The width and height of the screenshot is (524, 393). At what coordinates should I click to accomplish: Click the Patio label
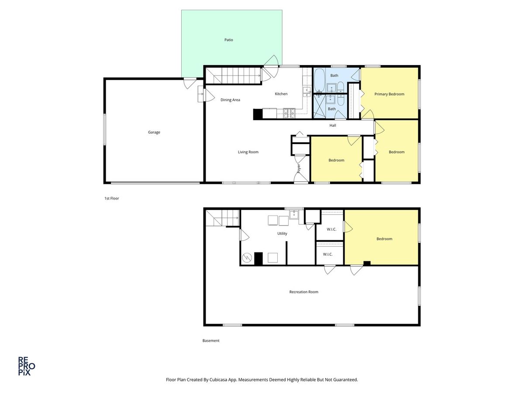pyautogui.click(x=228, y=40)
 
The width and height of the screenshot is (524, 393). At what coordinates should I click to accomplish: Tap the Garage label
pyautogui.click(x=154, y=132)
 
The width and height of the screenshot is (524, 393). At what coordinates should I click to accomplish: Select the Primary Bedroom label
pyautogui.click(x=389, y=94)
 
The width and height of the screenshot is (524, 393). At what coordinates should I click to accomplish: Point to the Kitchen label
pyautogui.click(x=281, y=94)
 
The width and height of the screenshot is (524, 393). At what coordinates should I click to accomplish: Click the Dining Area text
pyautogui.click(x=230, y=100)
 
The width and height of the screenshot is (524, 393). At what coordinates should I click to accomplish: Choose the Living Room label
pyautogui.click(x=248, y=152)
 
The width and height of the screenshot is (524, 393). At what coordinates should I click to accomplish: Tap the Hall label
pyautogui.click(x=333, y=125)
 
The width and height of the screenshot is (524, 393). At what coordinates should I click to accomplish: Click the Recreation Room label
pyautogui.click(x=303, y=292)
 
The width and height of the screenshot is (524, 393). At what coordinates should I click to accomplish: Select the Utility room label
pyautogui.click(x=282, y=233)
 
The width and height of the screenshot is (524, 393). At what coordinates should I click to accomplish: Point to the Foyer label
pyautogui.click(x=299, y=169)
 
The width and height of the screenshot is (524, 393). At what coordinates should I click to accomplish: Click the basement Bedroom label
pyautogui.click(x=384, y=238)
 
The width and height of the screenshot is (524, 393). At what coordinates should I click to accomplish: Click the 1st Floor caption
pyautogui.click(x=111, y=198)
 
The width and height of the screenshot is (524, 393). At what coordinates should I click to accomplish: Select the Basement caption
pyautogui.click(x=211, y=341)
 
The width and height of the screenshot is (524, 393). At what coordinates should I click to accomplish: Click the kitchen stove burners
pyautogui.click(x=289, y=114)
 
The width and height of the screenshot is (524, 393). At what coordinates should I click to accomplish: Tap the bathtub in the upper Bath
pyautogui.click(x=319, y=80)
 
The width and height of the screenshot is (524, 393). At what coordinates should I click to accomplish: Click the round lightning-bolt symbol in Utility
pyautogui.click(x=247, y=258)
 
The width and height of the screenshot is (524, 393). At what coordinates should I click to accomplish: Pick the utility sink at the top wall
pyautogui.click(x=294, y=214)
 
